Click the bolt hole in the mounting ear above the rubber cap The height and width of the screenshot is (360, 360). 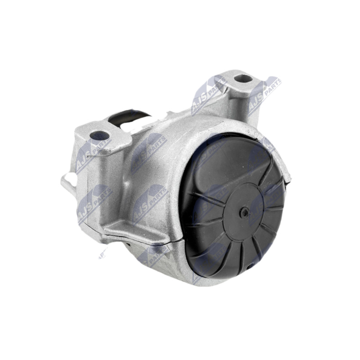243,78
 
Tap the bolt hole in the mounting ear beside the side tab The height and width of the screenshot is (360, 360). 99,135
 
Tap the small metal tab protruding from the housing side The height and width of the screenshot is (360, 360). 67,182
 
